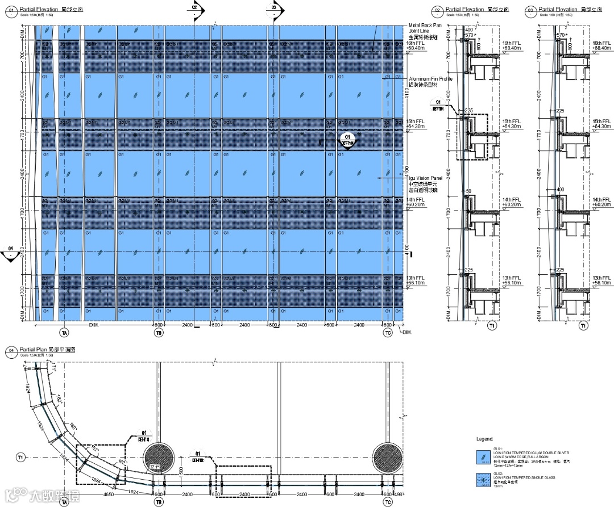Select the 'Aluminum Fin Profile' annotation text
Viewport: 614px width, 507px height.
[x=430, y=79]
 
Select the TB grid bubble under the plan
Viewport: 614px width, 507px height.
[x=158, y=502]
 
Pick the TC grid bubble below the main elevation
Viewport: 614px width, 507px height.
[x=388, y=333]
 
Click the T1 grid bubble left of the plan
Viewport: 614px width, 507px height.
[x=21, y=457]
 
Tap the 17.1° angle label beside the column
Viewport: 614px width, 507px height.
[x=154, y=467]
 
